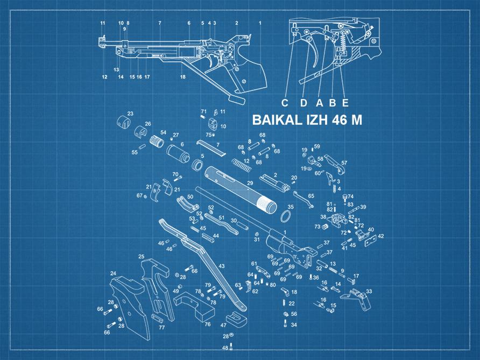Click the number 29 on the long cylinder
[x=250, y=183]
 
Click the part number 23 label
[x=130, y=114]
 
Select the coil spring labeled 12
[x=242, y=166]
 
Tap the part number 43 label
[x=221, y=266]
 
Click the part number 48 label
[x=225, y=348]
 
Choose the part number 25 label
[x=141, y=256]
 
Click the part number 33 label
[x=369, y=291]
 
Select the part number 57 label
[x=344, y=163]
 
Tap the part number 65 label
[x=311, y=196]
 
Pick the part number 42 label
[x=381, y=236]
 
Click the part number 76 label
[x=207, y=324]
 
